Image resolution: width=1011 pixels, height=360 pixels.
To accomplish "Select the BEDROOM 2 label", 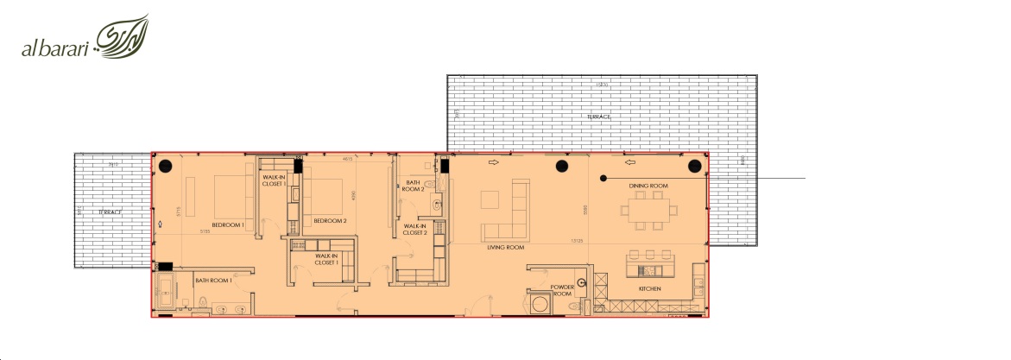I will [330, 221].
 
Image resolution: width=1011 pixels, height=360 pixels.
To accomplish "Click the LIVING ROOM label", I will [506, 248].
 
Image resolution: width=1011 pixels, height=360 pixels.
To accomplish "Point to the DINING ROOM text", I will [648, 186].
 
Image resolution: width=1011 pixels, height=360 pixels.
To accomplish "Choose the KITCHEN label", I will [649, 288].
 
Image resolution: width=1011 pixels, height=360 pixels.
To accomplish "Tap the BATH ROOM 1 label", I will [213, 280].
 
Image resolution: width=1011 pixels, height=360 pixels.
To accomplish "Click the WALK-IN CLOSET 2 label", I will [415, 230].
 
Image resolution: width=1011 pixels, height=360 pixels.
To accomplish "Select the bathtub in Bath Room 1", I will [163, 294].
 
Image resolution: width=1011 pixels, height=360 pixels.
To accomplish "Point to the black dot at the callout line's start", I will [603, 178].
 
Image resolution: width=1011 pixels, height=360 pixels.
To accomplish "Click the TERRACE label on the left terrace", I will [109, 212].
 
